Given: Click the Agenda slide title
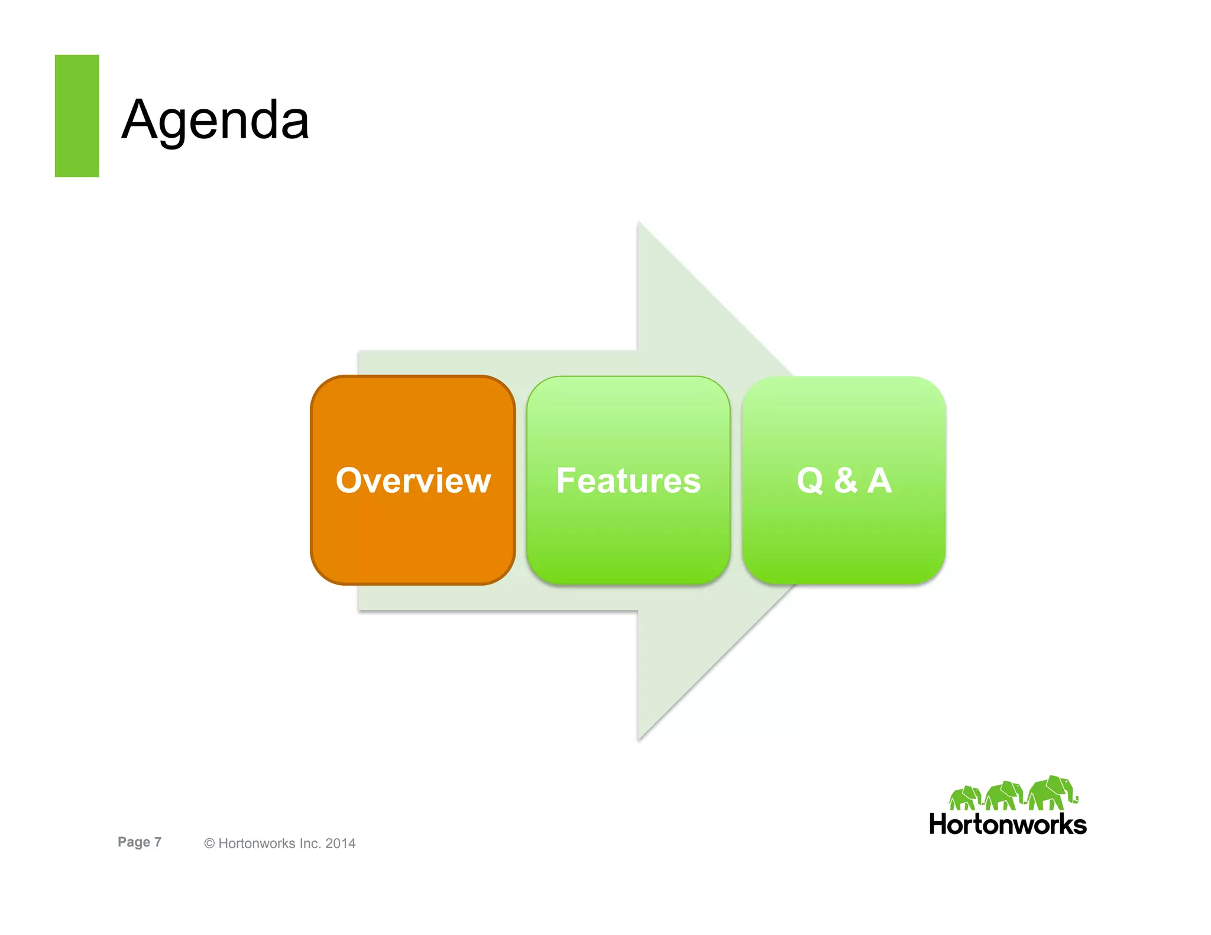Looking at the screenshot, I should (215, 120).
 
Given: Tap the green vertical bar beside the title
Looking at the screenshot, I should (77, 116).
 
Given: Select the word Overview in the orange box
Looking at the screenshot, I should (413, 480).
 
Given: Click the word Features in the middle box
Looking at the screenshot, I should (629, 480).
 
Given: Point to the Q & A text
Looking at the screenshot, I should (844, 480).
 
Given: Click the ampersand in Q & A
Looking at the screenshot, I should (846, 480).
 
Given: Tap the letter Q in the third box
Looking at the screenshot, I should (810, 481).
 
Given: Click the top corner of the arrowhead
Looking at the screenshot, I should (639, 223).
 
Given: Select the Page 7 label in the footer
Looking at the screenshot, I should (140, 842).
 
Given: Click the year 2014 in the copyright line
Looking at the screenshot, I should (341, 843).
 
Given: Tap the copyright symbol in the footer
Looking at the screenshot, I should (209, 844).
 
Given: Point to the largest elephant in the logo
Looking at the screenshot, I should (1051, 793).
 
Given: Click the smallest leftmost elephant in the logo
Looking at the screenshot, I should (964, 798).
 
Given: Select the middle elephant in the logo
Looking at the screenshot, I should (1003, 796).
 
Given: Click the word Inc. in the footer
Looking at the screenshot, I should (309, 843).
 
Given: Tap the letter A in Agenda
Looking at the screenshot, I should (140, 120).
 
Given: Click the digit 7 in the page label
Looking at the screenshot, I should (158, 842).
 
